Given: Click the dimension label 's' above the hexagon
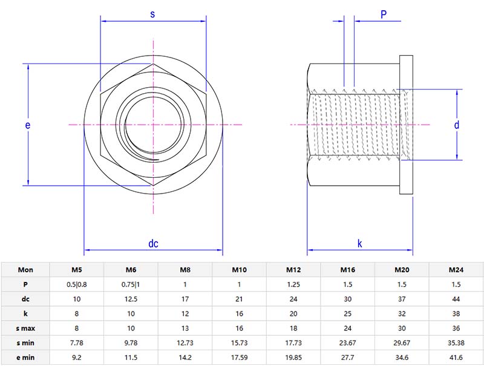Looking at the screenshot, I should [152, 15].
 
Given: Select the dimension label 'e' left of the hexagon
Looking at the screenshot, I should [28, 125].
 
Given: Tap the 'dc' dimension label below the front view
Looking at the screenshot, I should [153, 244].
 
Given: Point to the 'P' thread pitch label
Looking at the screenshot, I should [384, 15].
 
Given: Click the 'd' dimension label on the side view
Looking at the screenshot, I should [457, 125].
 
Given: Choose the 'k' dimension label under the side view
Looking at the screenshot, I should [359, 244].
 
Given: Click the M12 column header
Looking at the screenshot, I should [293, 270].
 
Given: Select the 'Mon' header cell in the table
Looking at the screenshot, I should [26, 270].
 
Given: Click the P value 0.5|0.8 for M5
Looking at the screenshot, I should [77, 284].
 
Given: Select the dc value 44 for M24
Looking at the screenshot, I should [456, 299].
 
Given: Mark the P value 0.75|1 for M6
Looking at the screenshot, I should [131, 284].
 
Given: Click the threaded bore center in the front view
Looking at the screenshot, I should [153, 125].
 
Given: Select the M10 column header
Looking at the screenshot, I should [239, 270].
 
